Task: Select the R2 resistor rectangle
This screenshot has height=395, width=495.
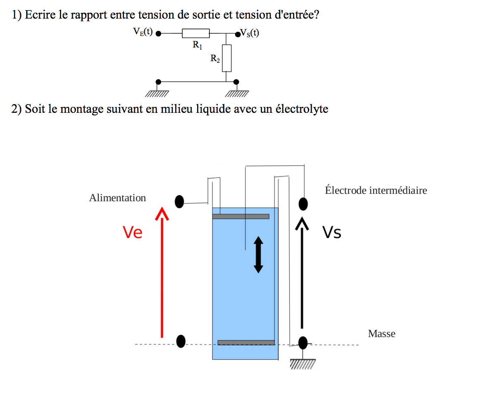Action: click(226, 58)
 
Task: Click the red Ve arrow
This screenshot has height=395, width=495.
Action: click(162, 273)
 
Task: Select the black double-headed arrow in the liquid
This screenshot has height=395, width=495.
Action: click(258, 254)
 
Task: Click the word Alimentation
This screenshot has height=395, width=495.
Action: click(117, 198)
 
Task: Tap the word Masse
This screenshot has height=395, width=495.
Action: click(381, 333)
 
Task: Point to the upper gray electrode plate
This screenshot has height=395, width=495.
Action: click(240, 217)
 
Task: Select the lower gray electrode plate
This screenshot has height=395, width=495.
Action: click(246, 343)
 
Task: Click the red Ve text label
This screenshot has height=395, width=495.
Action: click(133, 233)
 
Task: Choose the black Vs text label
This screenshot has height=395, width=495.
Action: click(332, 233)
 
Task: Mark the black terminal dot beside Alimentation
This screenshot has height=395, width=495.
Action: click(179, 202)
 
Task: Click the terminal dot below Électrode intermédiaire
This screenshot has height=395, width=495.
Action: click(303, 203)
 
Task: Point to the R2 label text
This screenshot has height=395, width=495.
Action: click(215, 59)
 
